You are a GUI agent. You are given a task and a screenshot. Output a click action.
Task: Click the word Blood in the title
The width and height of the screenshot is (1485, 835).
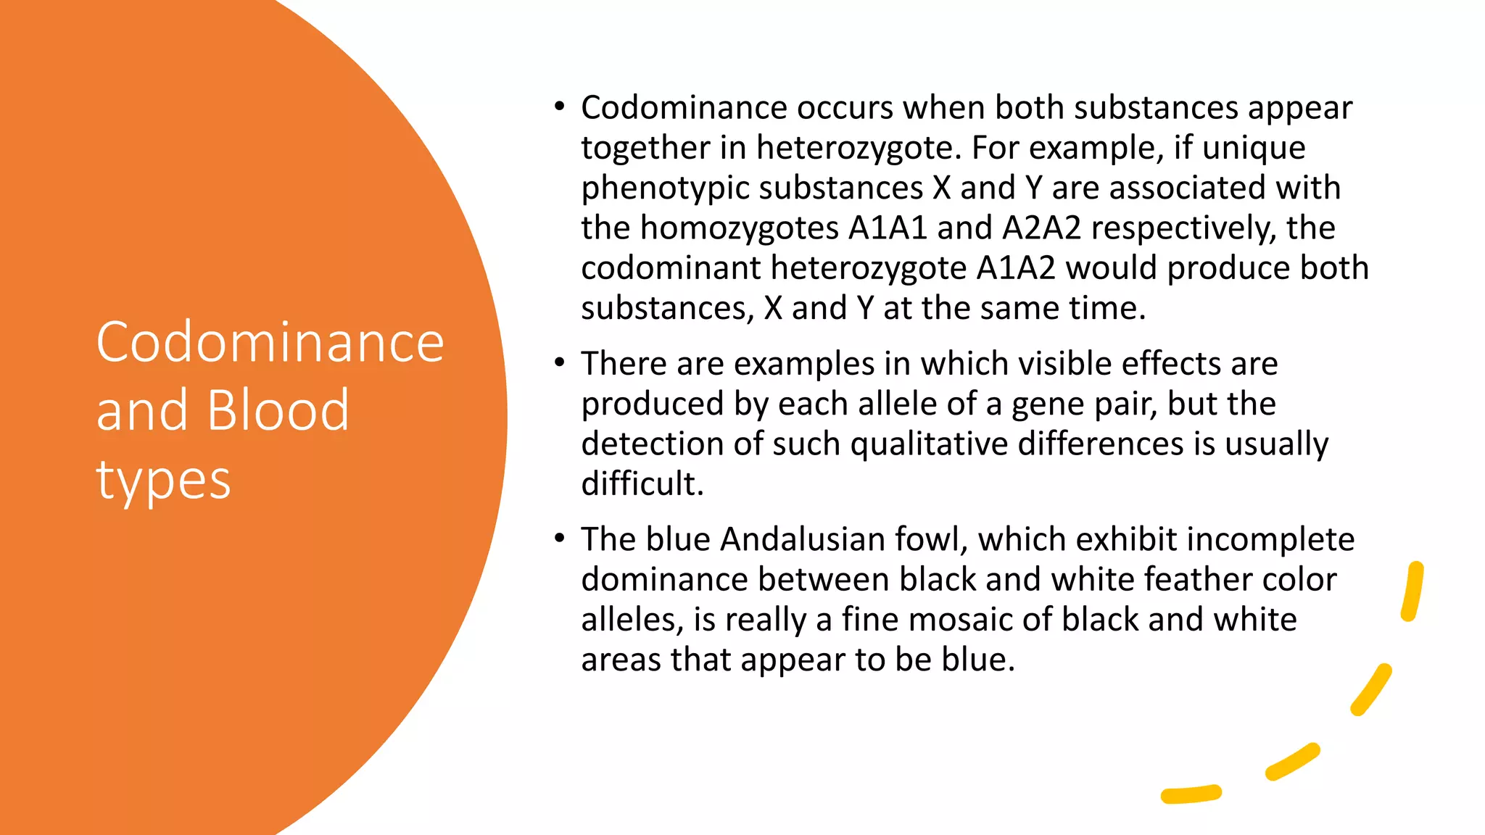278,410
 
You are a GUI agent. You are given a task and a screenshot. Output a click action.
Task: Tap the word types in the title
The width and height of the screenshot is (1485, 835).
163,481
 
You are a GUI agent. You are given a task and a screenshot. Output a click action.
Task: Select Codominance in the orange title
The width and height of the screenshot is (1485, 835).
270,342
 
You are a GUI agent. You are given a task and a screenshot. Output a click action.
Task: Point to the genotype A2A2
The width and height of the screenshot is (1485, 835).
1041,228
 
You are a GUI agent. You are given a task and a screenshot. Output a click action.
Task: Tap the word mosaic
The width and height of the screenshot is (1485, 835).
960,620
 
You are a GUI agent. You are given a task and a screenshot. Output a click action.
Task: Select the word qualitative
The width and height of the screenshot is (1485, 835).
929,444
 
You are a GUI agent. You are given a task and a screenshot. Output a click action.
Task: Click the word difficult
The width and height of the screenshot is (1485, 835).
642,483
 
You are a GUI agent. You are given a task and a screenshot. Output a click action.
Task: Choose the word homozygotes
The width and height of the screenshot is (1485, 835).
740,228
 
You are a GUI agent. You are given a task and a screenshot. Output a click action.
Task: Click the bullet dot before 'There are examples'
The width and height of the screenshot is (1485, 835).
559,362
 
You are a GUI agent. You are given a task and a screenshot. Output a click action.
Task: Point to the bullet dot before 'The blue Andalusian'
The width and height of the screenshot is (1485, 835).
559,539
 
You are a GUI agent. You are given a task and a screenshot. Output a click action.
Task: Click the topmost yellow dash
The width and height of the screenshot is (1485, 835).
1412,591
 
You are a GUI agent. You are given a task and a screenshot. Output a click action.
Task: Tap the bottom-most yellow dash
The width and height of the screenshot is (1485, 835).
1191,794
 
